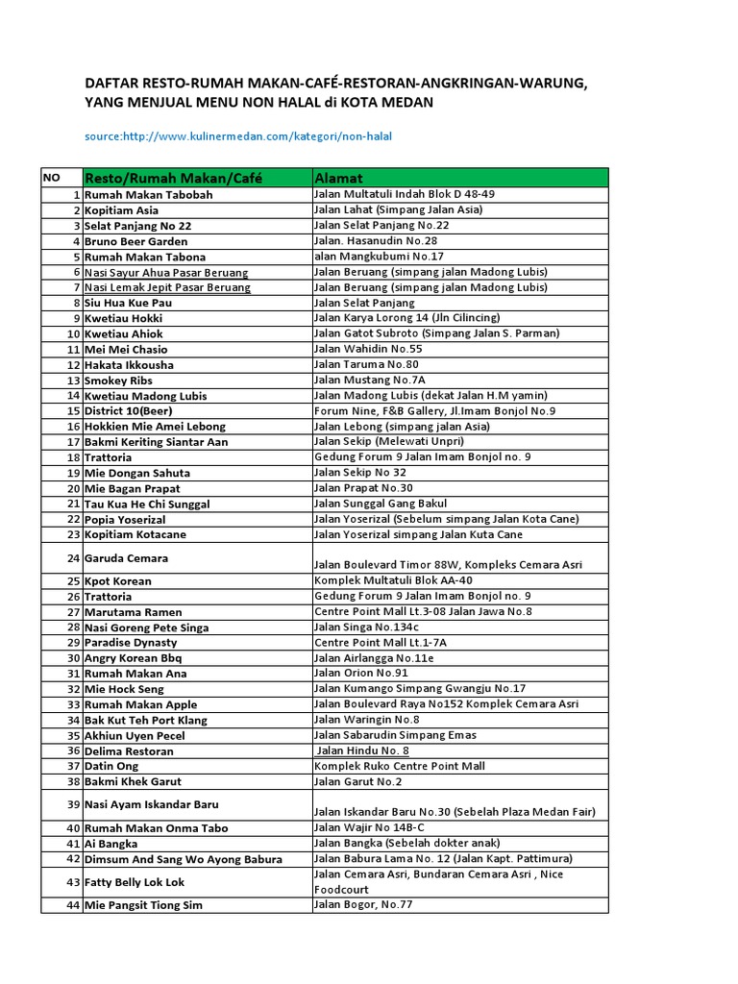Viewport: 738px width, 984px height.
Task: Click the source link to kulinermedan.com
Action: tap(238, 136)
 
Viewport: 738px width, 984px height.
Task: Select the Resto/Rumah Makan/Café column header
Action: tap(174, 178)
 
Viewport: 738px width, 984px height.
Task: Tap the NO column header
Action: tap(51, 178)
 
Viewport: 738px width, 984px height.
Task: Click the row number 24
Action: tap(73, 558)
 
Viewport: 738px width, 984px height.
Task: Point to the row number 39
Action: tap(73, 804)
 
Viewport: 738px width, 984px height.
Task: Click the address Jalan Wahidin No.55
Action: tap(368, 349)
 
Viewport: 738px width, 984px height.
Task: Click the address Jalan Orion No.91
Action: tap(361, 674)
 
